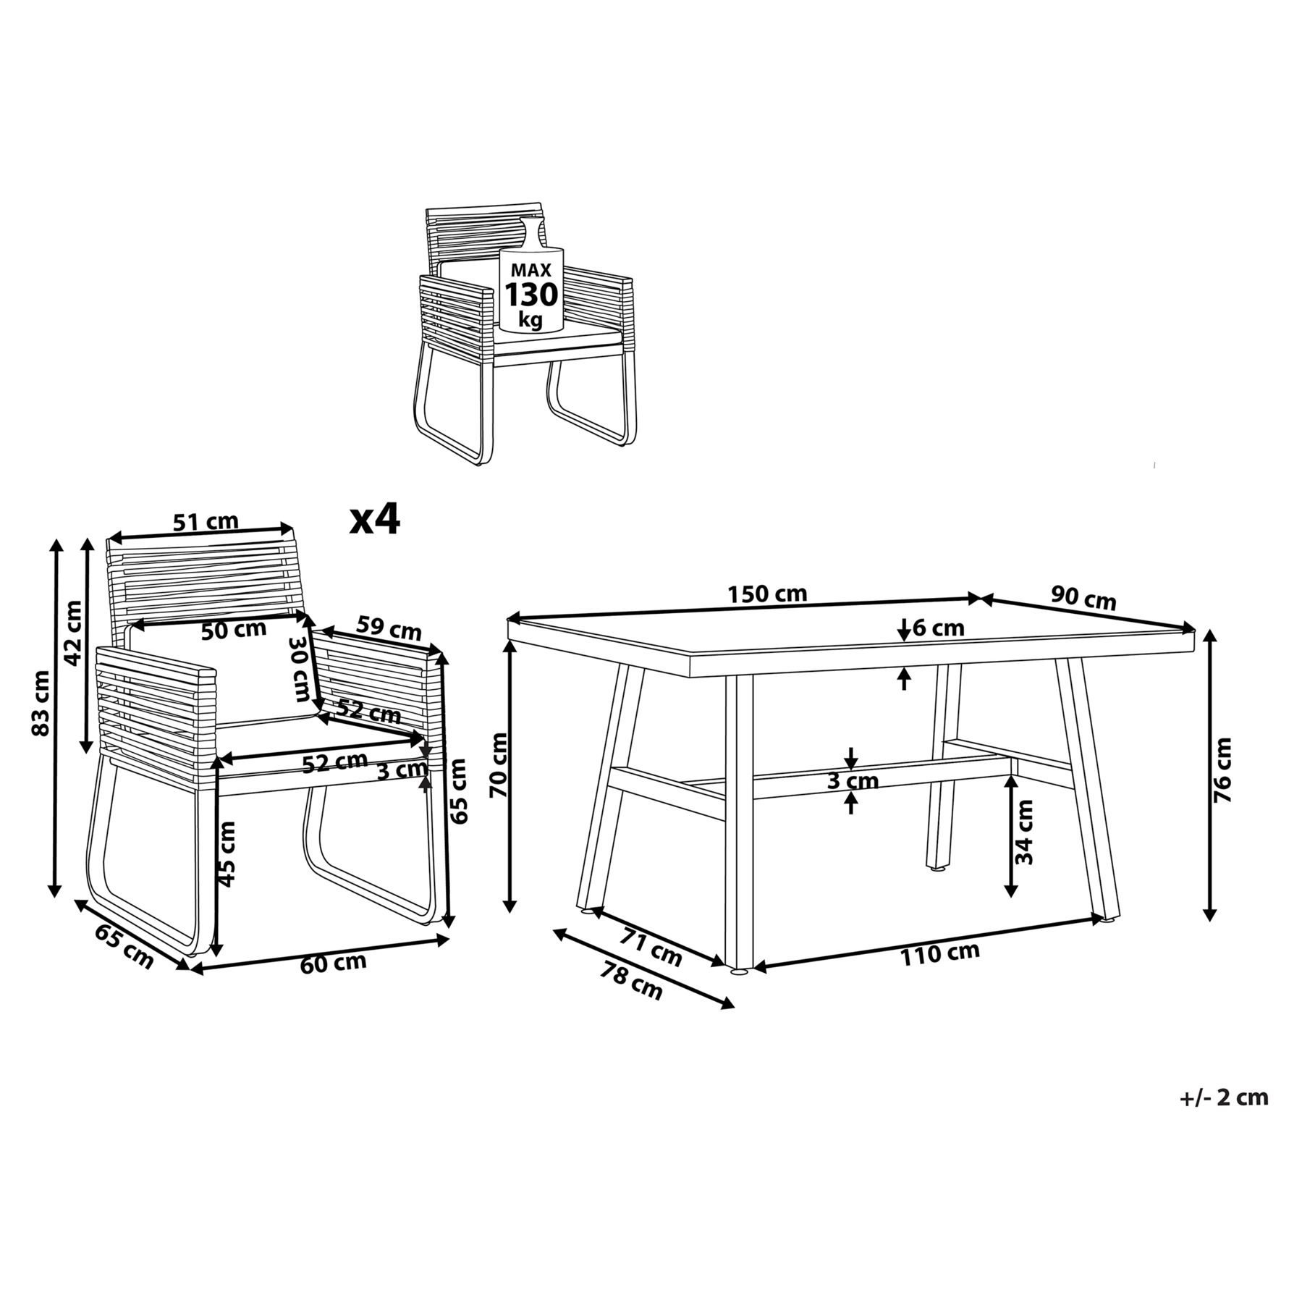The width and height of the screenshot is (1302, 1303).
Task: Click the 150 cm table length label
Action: [766, 594]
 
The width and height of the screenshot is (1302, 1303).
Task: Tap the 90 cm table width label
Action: [1083, 598]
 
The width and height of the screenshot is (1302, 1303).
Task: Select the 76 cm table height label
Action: [1222, 770]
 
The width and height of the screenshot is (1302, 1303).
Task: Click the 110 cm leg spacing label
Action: [939, 954]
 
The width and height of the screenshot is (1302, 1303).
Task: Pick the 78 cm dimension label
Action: [631, 980]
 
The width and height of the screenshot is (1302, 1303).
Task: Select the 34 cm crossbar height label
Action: [1024, 832]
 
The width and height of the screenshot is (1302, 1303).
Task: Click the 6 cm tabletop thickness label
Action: [938, 628]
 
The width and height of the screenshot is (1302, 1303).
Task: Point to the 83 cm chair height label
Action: [41, 703]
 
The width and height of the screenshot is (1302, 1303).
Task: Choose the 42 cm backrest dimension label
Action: [74, 633]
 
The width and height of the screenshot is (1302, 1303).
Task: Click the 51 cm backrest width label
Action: [206, 521]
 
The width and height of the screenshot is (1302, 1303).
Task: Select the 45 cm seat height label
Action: [227, 854]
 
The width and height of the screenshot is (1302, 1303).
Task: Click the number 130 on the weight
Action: [531, 295]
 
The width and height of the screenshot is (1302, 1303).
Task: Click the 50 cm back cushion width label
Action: [234, 630]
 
